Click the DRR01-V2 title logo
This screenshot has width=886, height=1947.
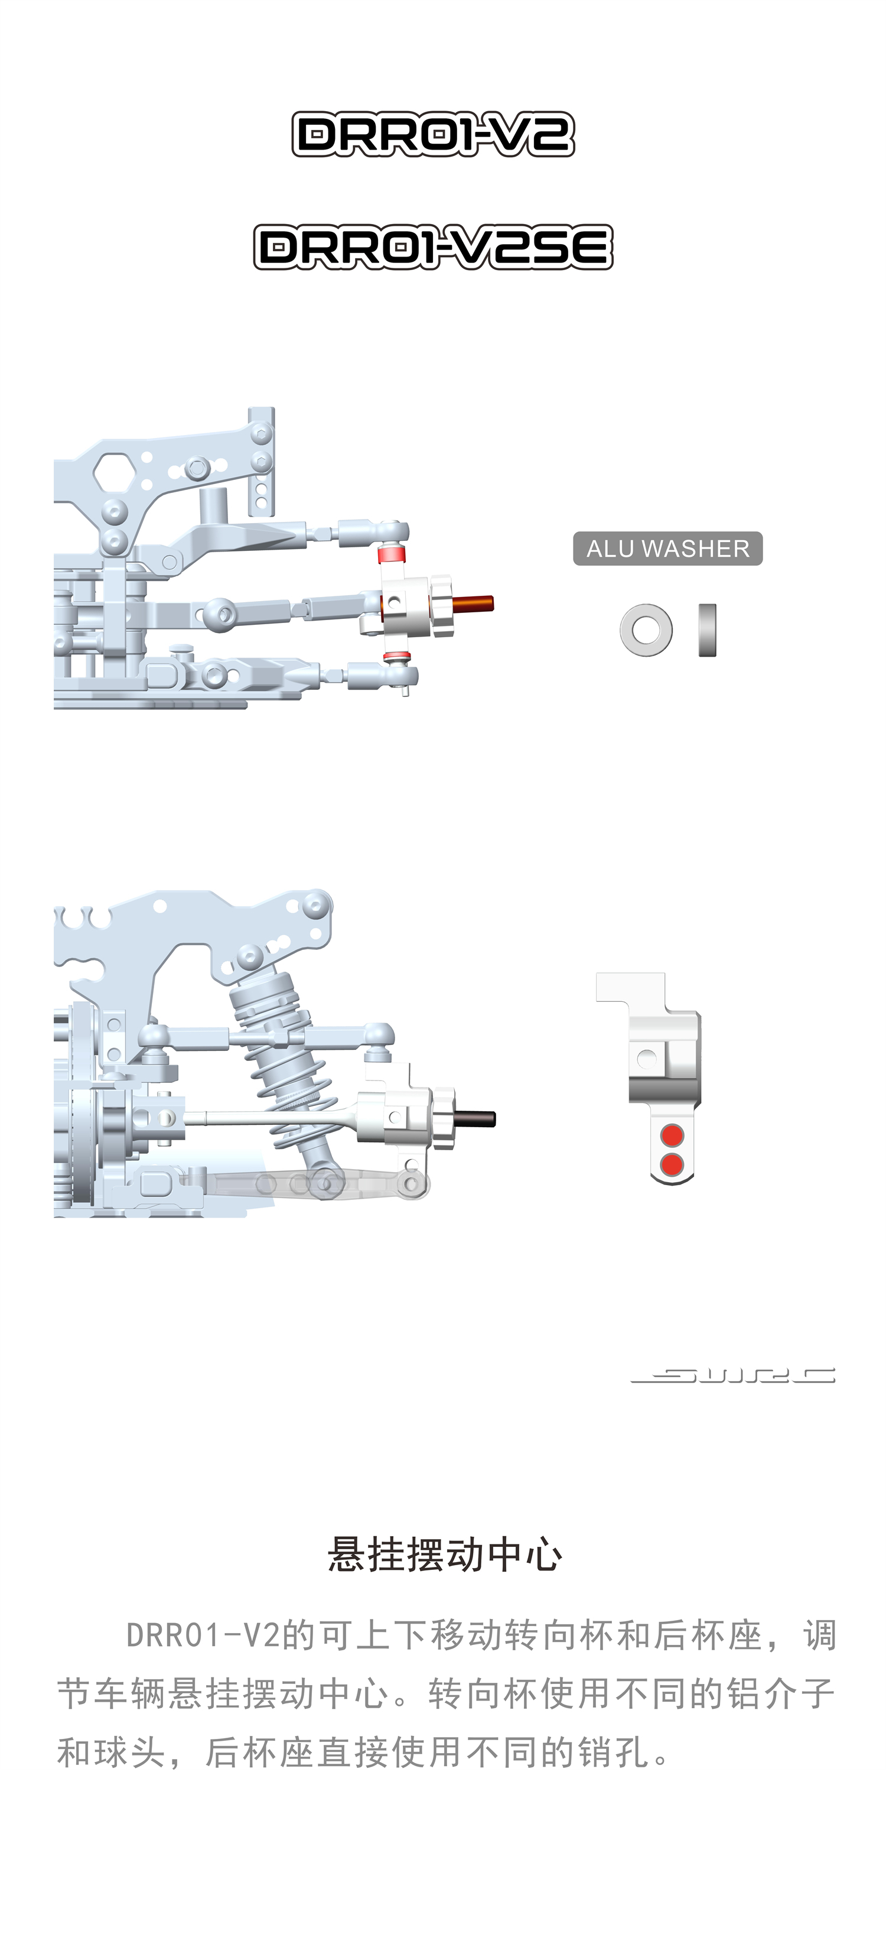(433, 135)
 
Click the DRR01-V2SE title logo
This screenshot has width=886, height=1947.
(433, 246)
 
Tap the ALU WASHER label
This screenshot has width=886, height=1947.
(667, 548)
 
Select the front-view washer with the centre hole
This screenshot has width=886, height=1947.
(646, 629)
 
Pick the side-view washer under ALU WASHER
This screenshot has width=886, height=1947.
(707, 629)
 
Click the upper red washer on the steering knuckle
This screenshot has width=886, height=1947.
(392, 554)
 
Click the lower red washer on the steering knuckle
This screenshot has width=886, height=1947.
(396, 656)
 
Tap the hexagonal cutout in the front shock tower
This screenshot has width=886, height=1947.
(114, 472)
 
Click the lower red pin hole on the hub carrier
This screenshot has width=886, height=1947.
(672, 1164)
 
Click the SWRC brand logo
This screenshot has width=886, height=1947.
(732, 1375)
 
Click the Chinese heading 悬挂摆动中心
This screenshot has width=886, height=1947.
(445, 1555)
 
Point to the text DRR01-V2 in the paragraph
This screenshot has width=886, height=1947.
(203, 1636)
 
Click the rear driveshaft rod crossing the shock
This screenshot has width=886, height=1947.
(272, 1117)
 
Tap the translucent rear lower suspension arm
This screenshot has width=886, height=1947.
(317, 1183)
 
